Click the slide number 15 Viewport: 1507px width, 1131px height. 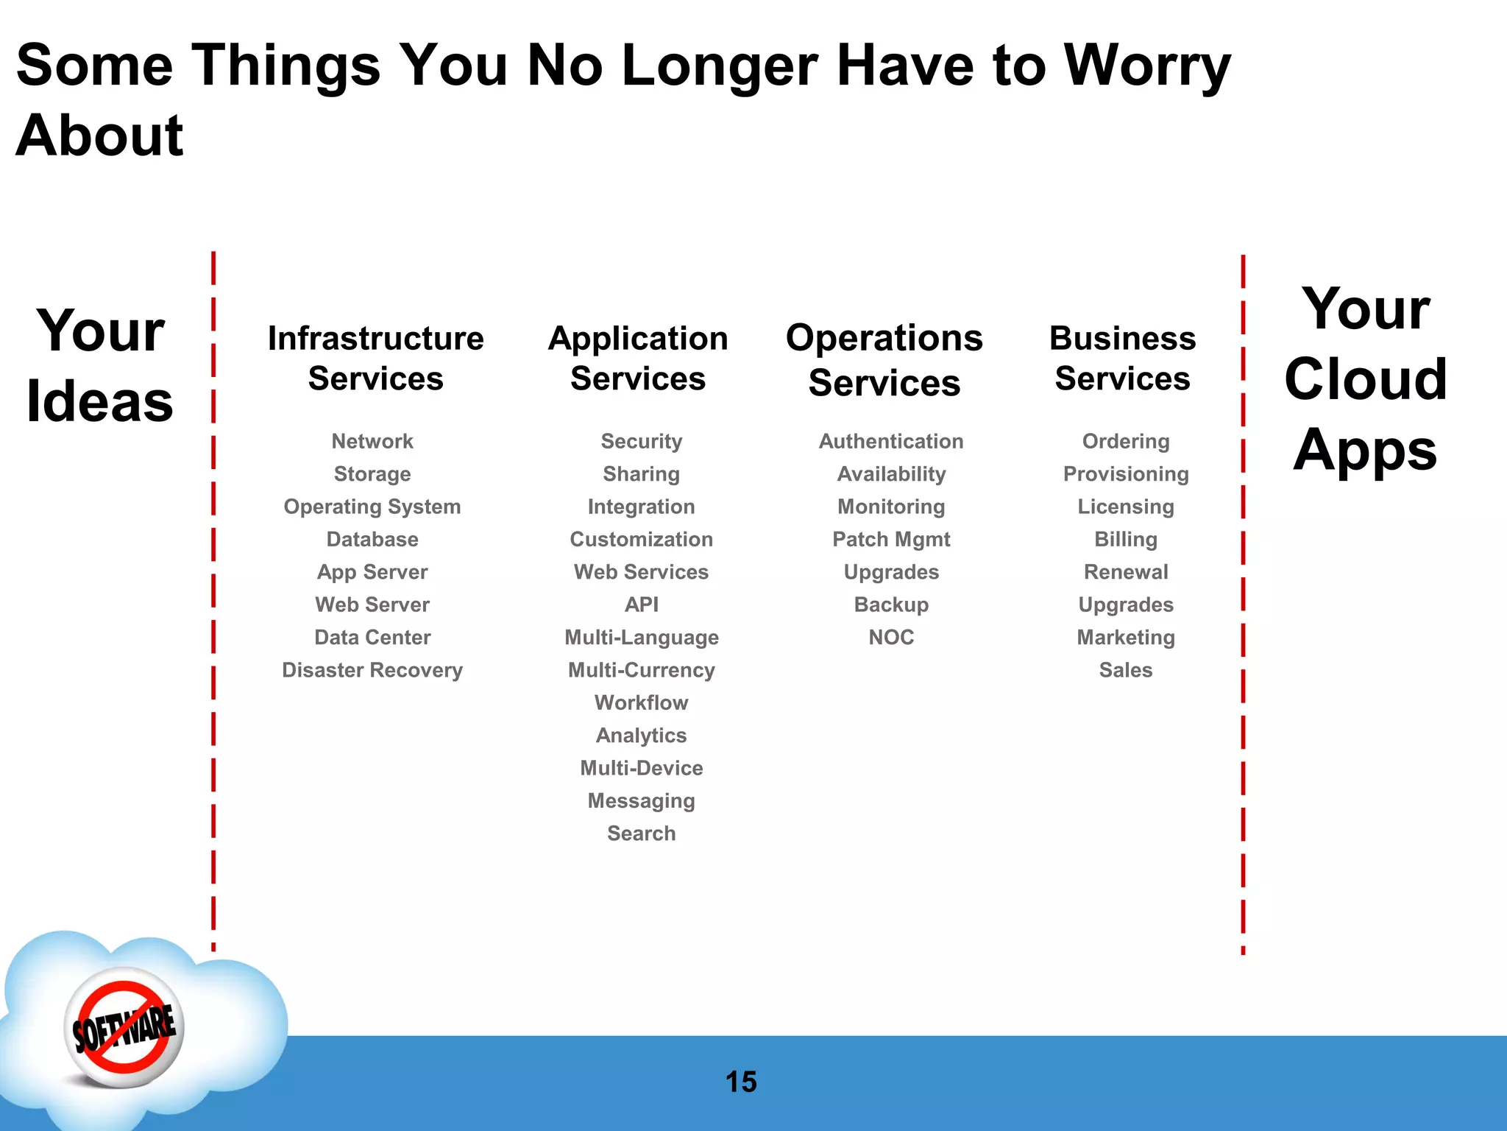(741, 1082)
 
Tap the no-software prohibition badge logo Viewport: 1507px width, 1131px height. (124, 1028)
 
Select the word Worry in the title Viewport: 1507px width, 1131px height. (1147, 66)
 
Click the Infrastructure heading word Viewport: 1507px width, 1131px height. (375, 339)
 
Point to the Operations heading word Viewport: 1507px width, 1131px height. (884, 339)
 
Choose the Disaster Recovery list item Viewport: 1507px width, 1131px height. (372, 670)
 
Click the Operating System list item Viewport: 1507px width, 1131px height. (372, 507)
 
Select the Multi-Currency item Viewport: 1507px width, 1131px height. (641, 670)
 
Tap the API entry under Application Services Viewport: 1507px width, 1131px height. (641, 605)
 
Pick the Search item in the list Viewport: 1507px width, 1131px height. (641, 834)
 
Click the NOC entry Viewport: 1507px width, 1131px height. (891, 637)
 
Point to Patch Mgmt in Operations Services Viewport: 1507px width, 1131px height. (891, 540)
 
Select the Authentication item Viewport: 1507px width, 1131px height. (891, 441)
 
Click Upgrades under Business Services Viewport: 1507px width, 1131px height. (1126, 605)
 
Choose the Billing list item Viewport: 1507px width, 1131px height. (1126, 540)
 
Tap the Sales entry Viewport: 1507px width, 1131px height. (1126, 670)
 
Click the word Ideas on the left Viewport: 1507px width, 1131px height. (100, 402)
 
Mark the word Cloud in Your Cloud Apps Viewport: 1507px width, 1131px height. (1366, 379)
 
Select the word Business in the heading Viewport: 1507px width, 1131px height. (1122, 339)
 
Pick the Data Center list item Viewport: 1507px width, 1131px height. (372, 637)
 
